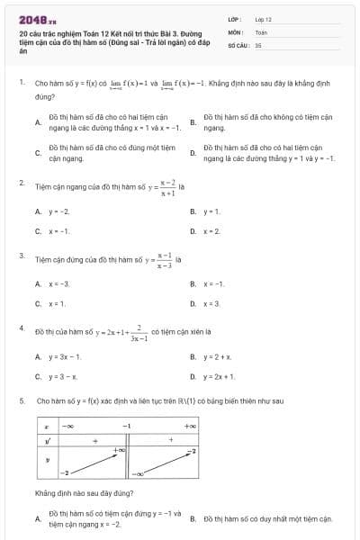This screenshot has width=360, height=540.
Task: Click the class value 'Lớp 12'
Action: (x=264, y=19)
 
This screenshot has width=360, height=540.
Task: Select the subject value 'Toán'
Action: (x=261, y=31)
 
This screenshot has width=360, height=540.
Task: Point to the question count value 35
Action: (x=258, y=44)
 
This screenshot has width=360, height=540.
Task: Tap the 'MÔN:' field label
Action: (x=236, y=31)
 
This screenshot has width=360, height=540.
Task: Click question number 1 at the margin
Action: (x=21, y=81)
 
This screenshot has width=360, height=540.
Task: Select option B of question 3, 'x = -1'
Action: (x=213, y=283)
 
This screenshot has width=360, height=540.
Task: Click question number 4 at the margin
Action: (x=21, y=328)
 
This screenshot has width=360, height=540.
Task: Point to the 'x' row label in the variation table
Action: (x=46, y=425)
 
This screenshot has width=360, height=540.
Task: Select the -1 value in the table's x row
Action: (x=127, y=425)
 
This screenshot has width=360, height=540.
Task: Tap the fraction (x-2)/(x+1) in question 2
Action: (x=166, y=186)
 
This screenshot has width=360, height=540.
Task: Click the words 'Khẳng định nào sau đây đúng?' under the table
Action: (x=85, y=493)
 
